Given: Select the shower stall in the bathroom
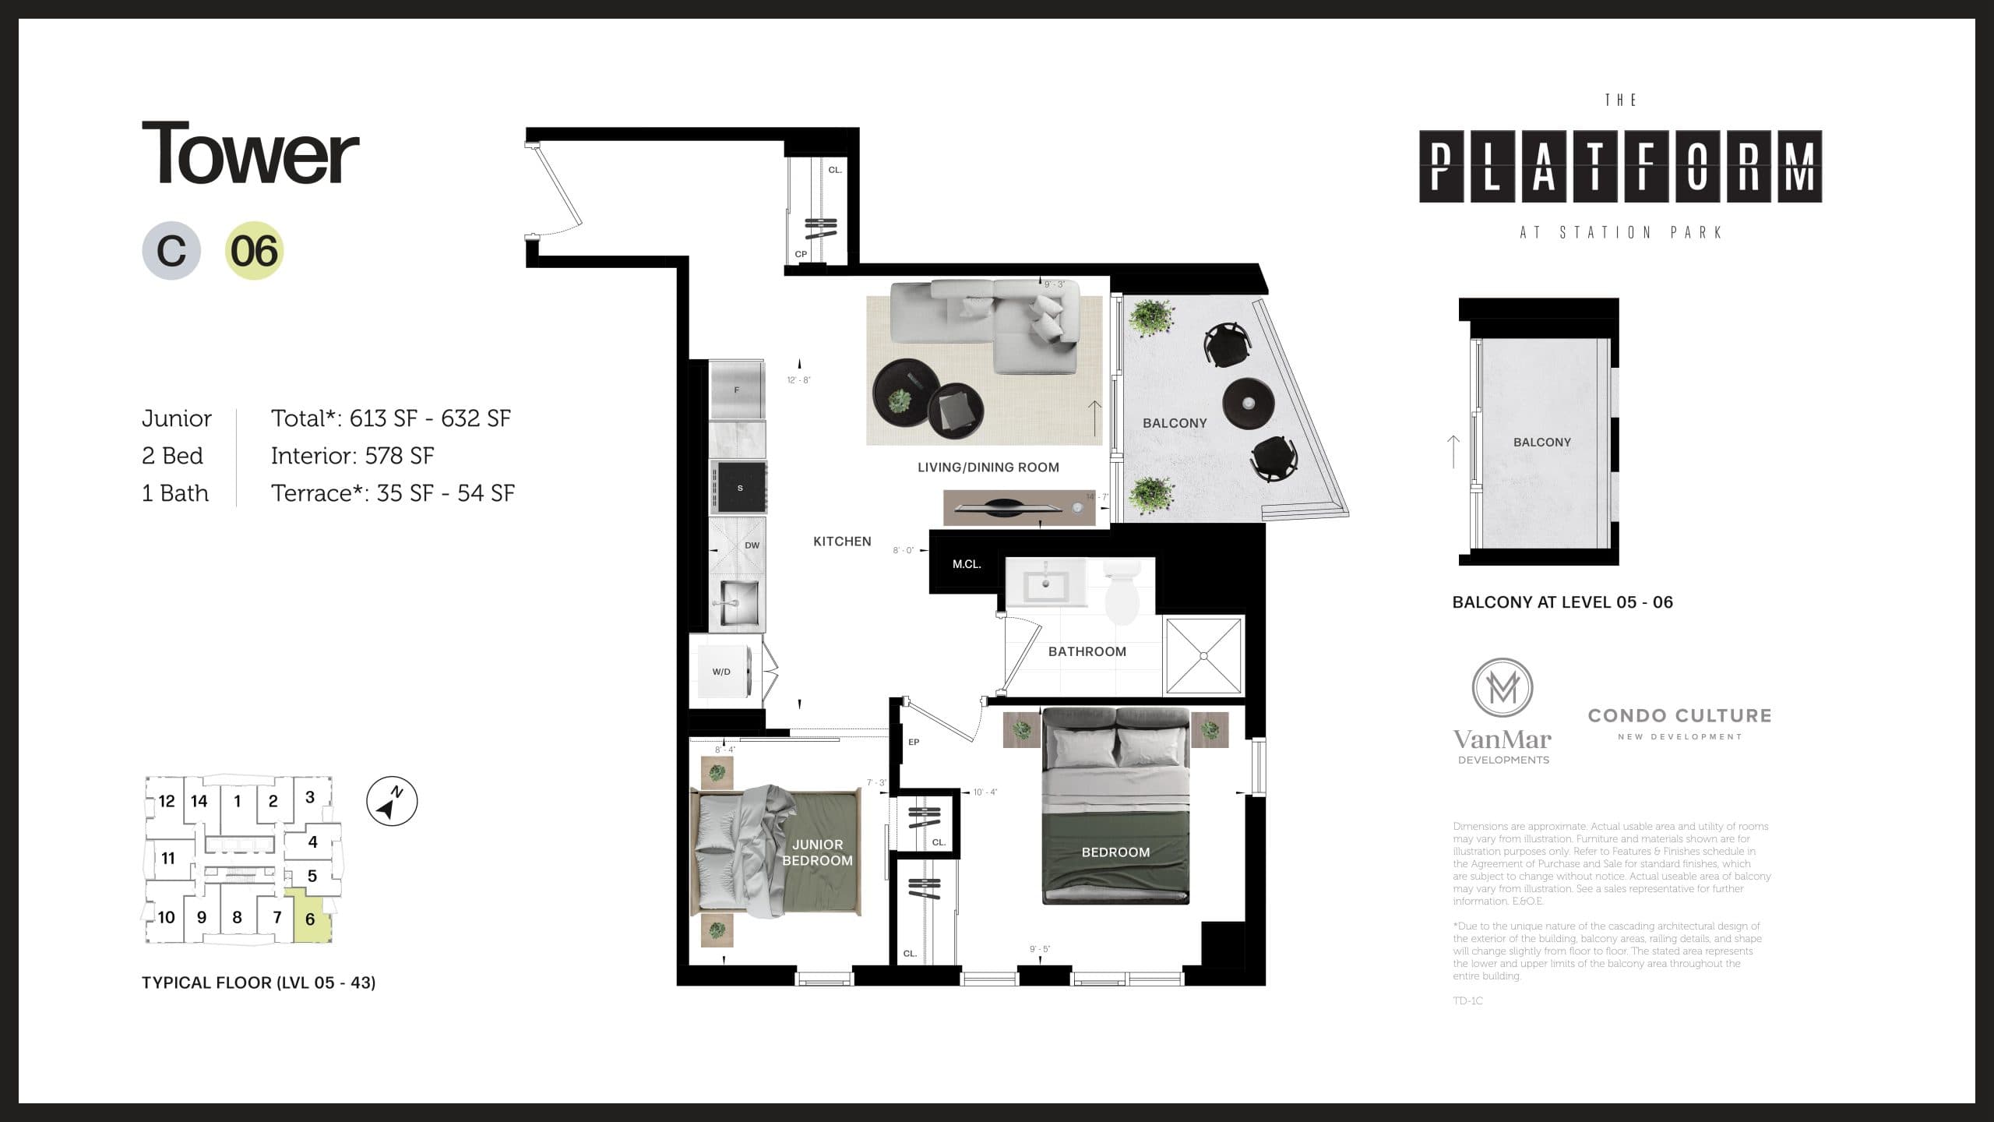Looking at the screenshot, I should pos(1203,655).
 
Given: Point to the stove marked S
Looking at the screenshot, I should pos(738,488).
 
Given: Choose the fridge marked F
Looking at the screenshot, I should pos(737,390).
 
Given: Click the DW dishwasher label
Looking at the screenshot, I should pos(752,545).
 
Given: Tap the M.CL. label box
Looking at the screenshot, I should pos(967,564).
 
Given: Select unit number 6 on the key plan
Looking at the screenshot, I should pos(310,919).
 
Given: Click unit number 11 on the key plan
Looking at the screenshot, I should pos(168,859).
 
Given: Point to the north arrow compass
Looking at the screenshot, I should pos(392,802).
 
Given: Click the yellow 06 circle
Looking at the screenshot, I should pos(255,251).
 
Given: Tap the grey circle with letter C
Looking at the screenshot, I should pos(171,251).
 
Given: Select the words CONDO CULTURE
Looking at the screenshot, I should pos(1679,715).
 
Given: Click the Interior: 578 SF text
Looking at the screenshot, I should pos(352,456).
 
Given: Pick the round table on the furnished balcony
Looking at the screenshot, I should pos(1248,403).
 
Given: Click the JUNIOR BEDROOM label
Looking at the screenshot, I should pos(817,852).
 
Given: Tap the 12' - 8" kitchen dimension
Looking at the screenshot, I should pos(799,380).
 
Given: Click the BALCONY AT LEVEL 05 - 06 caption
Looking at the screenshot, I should pos(1562,602).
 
